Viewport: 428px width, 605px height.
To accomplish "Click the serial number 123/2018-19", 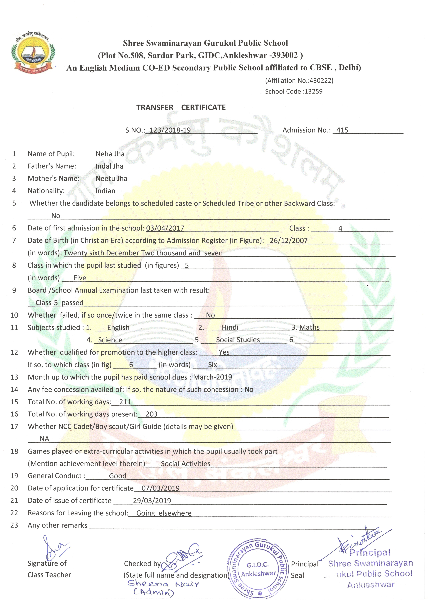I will pyautogui.click(x=170, y=130).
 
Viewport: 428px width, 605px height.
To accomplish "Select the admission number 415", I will pyautogui.click(x=342, y=130).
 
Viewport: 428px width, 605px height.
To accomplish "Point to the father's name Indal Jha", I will pyautogui.click(x=109, y=166).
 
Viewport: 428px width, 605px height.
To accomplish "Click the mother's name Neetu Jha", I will pyautogui.click(x=111, y=179).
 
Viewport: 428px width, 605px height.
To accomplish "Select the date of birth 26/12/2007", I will pyautogui.click(x=289, y=241).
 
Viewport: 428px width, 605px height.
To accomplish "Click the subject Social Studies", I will pyautogui.click(x=238, y=340).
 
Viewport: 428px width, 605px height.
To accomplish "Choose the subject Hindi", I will pyautogui.click(x=230, y=328).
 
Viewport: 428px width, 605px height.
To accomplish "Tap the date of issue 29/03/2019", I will pyautogui.click(x=152, y=501).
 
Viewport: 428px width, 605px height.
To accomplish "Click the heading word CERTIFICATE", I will pyautogui.click(x=203, y=107).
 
